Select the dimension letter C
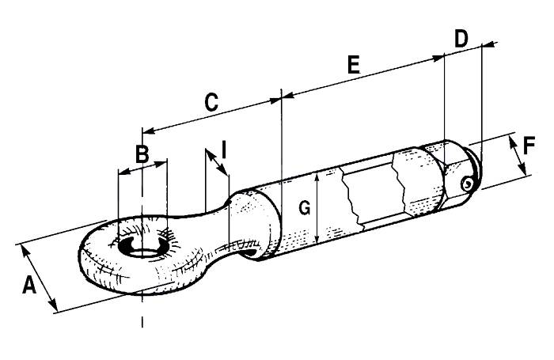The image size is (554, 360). click(211, 102)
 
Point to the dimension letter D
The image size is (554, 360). click(462, 37)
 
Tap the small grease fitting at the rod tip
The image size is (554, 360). click(469, 183)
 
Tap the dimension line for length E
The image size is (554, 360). click(364, 77)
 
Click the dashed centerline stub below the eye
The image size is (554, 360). click(142, 320)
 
